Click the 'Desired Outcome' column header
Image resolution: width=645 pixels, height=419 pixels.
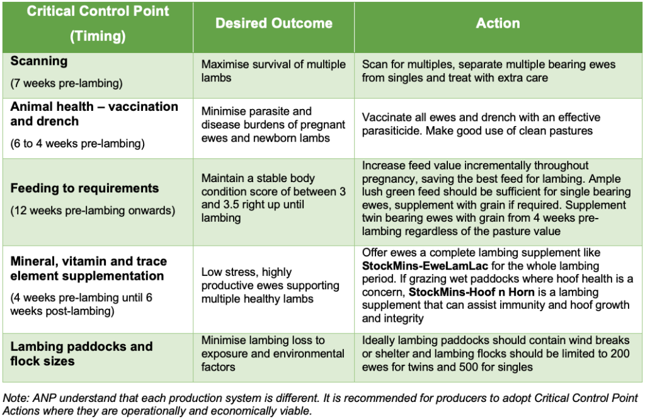pos(273,23)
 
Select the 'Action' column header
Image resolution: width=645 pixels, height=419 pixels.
pos(498,23)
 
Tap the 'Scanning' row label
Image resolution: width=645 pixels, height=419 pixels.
pos(38,61)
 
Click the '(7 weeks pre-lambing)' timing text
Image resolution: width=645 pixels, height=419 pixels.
pos(66,83)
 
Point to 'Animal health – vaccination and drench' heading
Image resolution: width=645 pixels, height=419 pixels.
pos(94,113)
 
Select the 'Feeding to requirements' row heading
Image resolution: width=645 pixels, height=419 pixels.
pos(84,188)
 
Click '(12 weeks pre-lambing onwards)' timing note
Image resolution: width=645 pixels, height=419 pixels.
pos(93,210)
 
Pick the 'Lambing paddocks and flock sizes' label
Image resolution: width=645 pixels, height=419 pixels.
pos(81,353)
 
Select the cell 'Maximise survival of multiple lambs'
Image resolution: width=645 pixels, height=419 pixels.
pos(273,71)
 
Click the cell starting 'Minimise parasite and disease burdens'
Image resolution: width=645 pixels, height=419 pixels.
pos(273,124)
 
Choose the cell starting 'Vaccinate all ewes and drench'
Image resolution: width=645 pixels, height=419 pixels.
pos(481,124)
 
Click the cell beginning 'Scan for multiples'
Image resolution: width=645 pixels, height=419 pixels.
pos(488,71)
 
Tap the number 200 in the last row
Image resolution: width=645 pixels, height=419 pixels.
pos(619,353)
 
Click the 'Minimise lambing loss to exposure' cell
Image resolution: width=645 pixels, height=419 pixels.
pos(273,353)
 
